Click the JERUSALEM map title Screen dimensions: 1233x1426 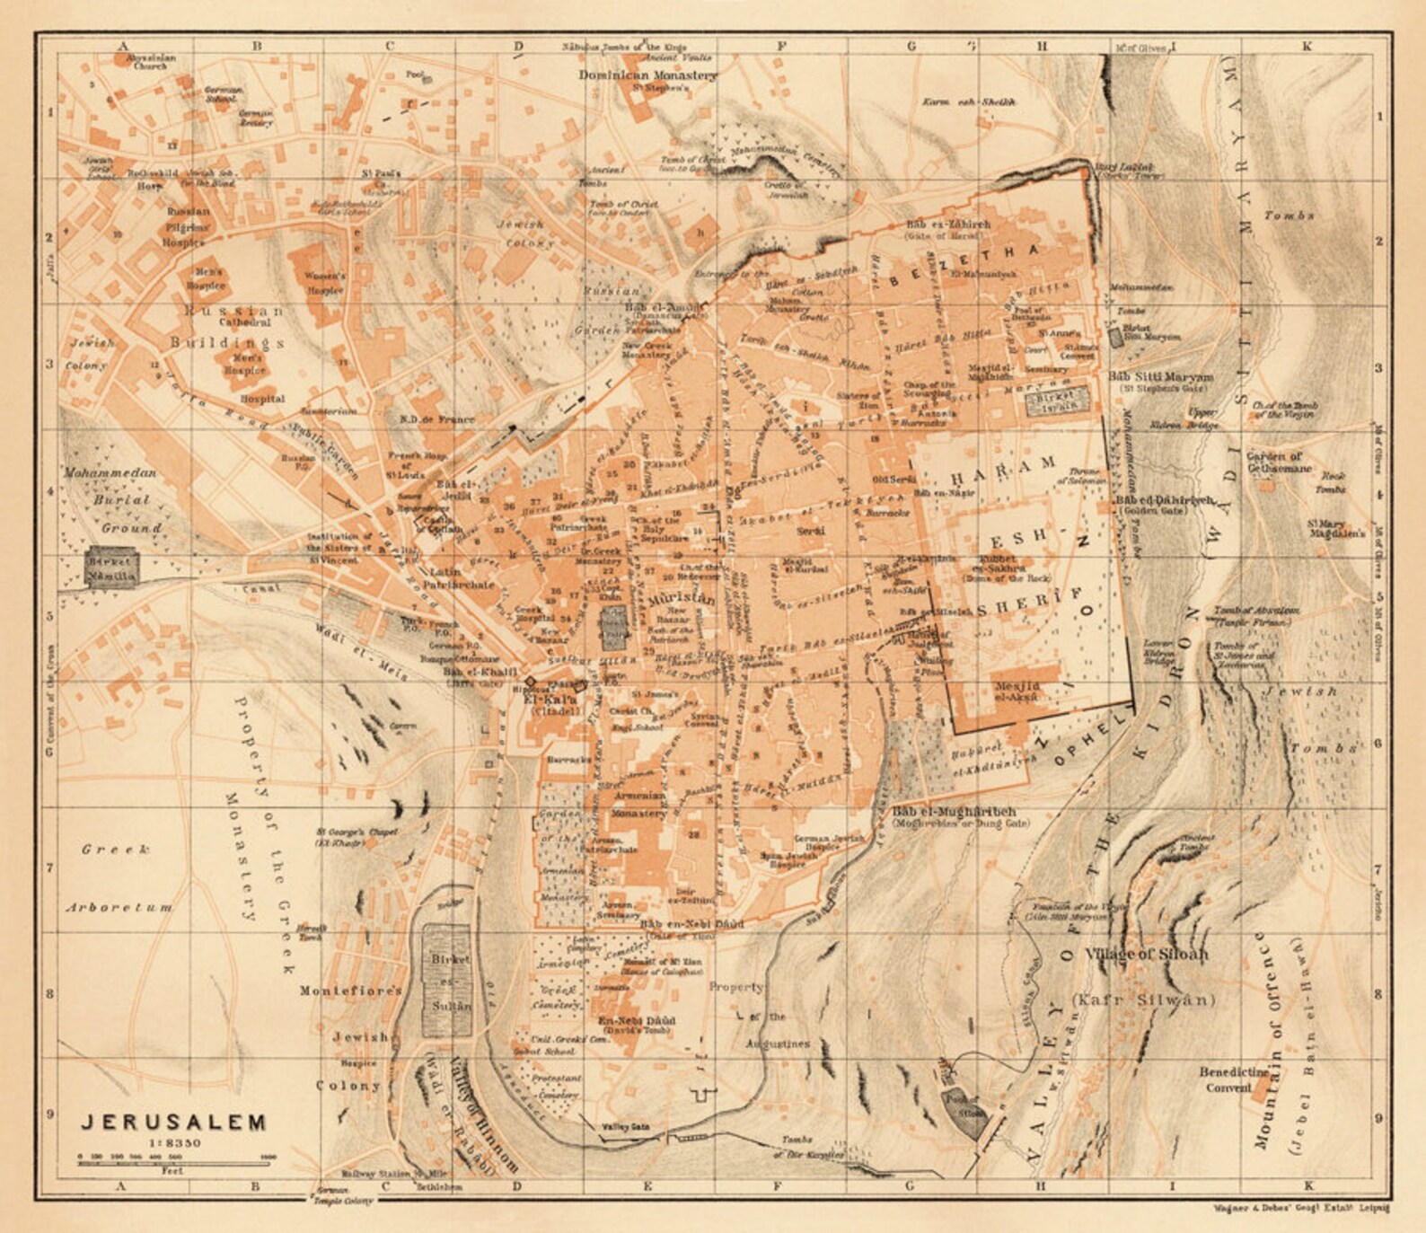point(174,1123)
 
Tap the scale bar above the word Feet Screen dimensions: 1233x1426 point(176,1162)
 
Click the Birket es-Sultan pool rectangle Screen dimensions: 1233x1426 point(447,982)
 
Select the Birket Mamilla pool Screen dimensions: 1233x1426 point(111,568)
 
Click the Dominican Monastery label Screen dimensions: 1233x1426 point(647,75)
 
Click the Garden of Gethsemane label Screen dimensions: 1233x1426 point(1279,462)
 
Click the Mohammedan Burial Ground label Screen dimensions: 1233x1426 point(111,500)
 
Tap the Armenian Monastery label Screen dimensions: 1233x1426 point(639,804)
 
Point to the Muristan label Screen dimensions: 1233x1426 point(681,598)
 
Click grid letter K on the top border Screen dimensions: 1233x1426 point(1307,46)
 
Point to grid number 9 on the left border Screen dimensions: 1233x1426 point(50,1114)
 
